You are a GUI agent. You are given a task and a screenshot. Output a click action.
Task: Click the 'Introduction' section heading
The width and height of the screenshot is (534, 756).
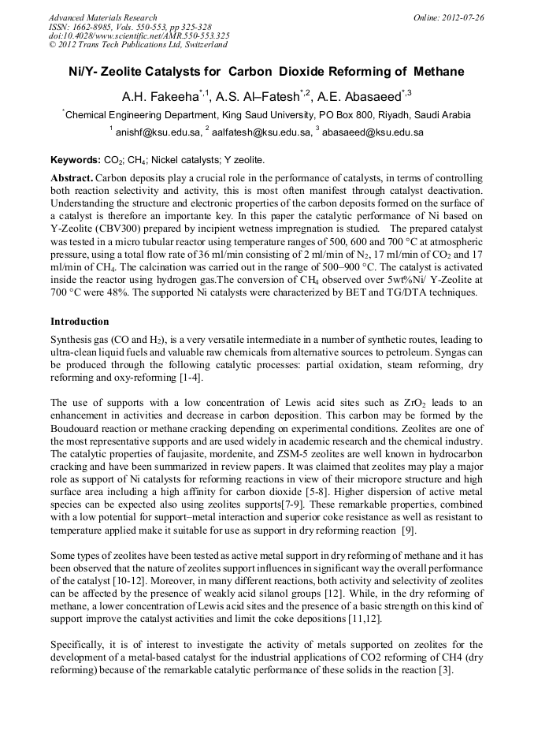click(80, 322)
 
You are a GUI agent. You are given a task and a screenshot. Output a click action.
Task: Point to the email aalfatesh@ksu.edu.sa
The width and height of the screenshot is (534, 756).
click(256, 133)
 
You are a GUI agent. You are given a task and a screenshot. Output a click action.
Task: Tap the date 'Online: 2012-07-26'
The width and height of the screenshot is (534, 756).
click(451, 17)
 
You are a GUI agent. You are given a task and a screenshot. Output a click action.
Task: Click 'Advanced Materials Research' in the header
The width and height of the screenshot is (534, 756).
click(102, 17)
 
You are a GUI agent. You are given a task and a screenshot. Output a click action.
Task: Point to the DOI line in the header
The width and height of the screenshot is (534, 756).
click(139, 35)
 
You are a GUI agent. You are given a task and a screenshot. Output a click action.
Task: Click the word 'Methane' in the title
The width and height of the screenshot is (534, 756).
click(433, 72)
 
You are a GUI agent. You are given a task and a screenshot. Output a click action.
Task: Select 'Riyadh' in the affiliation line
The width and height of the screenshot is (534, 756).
click(382, 115)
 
